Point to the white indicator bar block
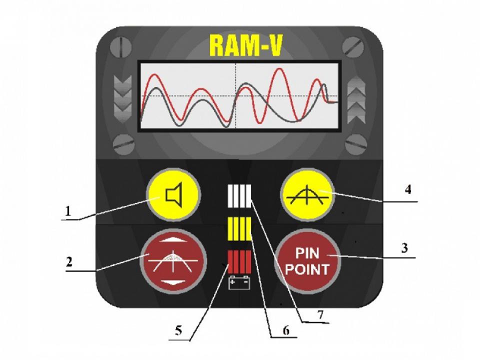point(239,196)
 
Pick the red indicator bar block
point(239,262)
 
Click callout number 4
point(409,191)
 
